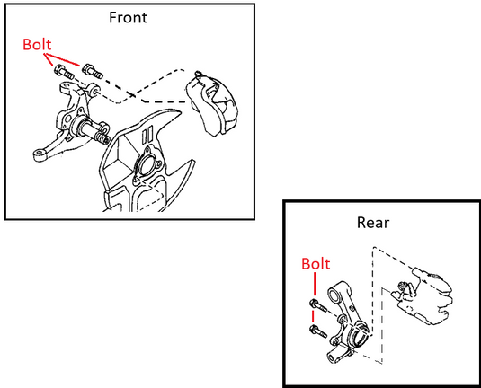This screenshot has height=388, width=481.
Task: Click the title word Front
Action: (128, 17)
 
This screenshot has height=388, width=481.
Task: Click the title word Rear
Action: (373, 223)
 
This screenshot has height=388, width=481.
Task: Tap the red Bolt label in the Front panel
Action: (37, 44)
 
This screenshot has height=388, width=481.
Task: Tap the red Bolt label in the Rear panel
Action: (316, 263)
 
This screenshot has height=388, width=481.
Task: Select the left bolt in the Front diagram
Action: (64, 73)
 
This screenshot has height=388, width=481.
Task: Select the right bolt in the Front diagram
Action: (92, 71)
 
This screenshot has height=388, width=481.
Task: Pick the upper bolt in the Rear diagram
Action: (318, 305)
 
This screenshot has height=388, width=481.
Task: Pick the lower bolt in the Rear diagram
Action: (318, 331)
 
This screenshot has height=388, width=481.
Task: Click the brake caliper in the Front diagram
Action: (211, 103)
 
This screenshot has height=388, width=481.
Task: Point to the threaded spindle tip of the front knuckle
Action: (103, 137)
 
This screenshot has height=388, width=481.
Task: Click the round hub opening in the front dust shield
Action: (147, 165)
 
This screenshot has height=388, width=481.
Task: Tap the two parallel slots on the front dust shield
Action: (147, 135)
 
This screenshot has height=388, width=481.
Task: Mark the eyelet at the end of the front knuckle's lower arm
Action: (39, 154)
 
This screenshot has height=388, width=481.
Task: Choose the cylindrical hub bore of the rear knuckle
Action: (359, 336)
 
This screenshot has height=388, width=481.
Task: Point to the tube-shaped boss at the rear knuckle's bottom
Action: (332, 357)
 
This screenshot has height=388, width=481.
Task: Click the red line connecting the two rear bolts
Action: (313, 316)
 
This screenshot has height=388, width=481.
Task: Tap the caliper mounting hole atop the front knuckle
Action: (96, 92)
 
